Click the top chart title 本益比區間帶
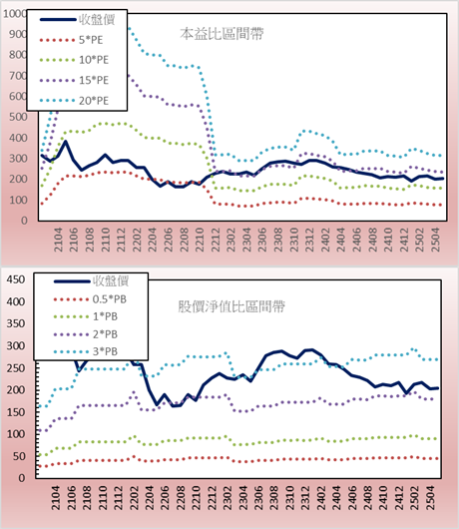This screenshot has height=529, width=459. (x=222, y=34)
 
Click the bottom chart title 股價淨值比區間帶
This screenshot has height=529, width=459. (x=231, y=306)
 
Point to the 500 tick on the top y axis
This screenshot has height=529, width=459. (x=18, y=117)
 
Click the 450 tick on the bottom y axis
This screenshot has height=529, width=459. (x=16, y=279)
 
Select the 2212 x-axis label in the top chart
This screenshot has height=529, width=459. (x=216, y=240)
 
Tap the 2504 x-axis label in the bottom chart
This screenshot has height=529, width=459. (x=430, y=498)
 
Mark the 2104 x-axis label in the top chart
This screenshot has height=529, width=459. (x=58, y=240)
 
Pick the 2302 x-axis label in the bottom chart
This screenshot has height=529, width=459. (x=228, y=498)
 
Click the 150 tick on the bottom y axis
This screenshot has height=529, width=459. (x=16, y=412)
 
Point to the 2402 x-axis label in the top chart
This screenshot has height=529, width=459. (x=325, y=240)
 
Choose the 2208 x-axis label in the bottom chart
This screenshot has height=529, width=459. (x=181, y=498)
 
